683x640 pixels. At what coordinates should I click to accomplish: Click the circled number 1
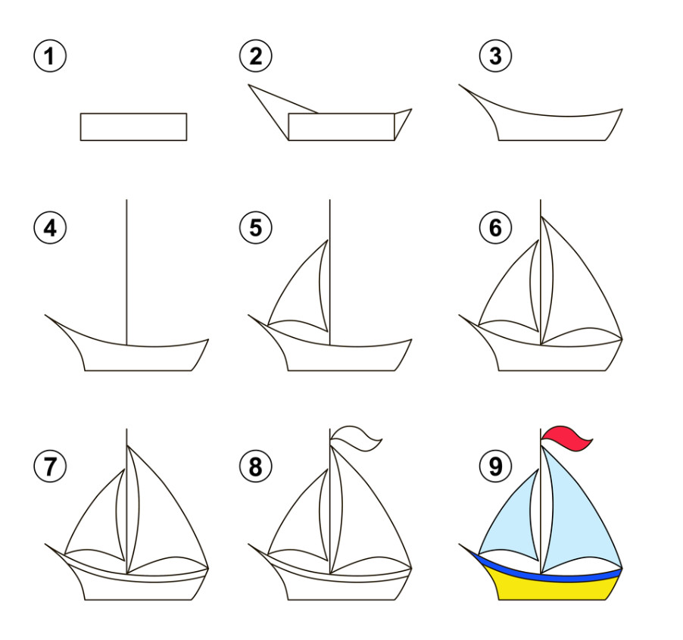pos(50,56)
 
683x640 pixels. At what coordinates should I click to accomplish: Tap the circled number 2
pos(256,56)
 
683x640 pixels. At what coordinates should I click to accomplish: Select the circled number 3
pos(496,56)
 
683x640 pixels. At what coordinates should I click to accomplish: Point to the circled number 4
pos(50,228)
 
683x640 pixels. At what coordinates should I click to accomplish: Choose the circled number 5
pos(256,228)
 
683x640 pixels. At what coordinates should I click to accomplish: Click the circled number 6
pos(496,228)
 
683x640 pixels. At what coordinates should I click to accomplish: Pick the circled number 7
pos(50,466)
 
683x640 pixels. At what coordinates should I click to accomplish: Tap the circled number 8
pos(256,466)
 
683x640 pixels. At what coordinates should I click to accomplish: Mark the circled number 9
pos(496,466)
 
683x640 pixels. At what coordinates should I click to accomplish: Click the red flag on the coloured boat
pos(564,438)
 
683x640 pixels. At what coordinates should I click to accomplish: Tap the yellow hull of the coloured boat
pos(554,589)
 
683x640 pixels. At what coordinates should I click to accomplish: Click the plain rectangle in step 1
pos(134,126)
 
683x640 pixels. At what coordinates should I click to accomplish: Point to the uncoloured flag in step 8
pos(354,438)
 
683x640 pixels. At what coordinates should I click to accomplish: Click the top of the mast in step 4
pos(126,200)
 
